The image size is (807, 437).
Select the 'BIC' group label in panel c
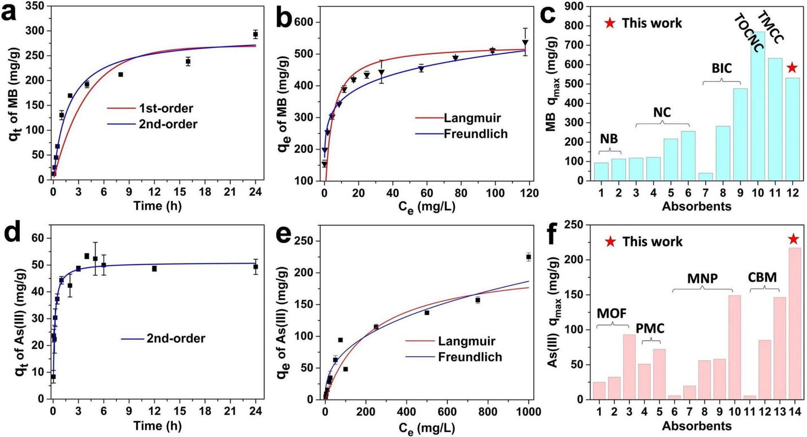click(x=722, y=69)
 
